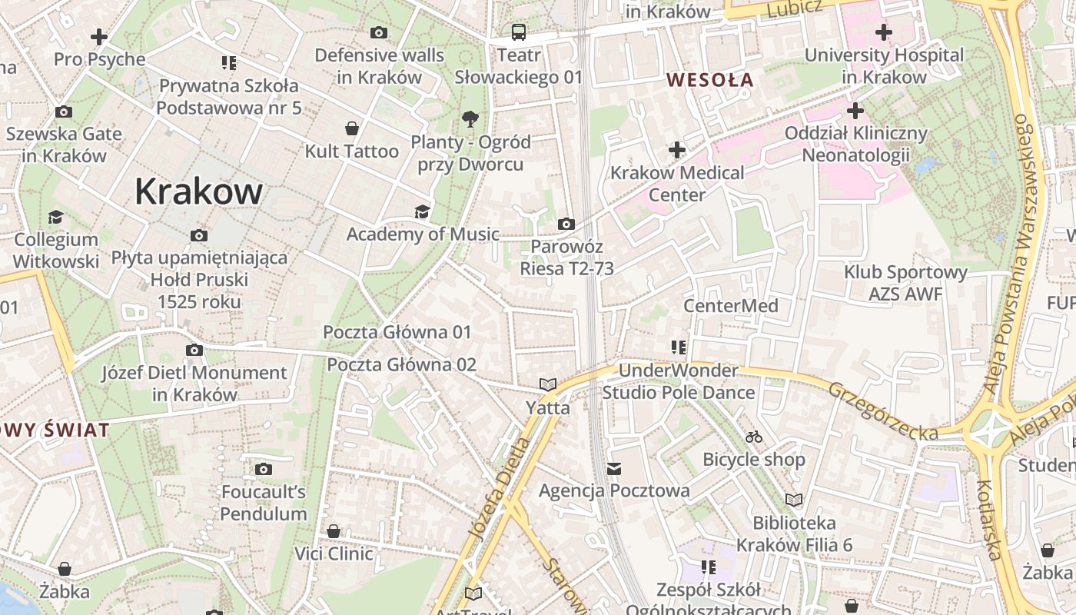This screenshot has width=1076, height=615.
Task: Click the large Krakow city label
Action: (x=198, y=191)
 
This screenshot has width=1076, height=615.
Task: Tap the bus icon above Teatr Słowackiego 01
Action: (x=519, y=32)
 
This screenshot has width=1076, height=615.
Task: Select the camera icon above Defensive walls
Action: (x=379, y=32)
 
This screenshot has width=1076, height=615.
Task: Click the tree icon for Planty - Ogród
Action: (x=470, y=118)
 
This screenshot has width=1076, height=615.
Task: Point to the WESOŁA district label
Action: (x=709, y=79)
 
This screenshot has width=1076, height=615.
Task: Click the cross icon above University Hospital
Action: (x=884, y=32)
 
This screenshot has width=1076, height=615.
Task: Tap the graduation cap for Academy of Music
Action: (x=422, y=211)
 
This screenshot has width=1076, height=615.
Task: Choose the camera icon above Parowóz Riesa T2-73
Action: (x=566, y=224)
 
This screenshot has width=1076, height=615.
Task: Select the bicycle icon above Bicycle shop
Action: (x=754, y=437)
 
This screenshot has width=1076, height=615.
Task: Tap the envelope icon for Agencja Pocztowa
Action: (x=613, y=468)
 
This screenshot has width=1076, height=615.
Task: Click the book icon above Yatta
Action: (x=547, y=384)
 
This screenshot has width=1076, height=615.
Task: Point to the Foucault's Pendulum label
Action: (x=264, y=503)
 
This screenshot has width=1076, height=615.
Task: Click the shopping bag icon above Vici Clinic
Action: (x=334, y=531)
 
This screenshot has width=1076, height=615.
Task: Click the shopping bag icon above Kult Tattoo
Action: (x=352, y=128)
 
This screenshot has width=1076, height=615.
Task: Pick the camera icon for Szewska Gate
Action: (x=64, y=111)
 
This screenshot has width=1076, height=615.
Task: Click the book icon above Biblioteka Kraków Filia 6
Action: (x=794, y=500)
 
